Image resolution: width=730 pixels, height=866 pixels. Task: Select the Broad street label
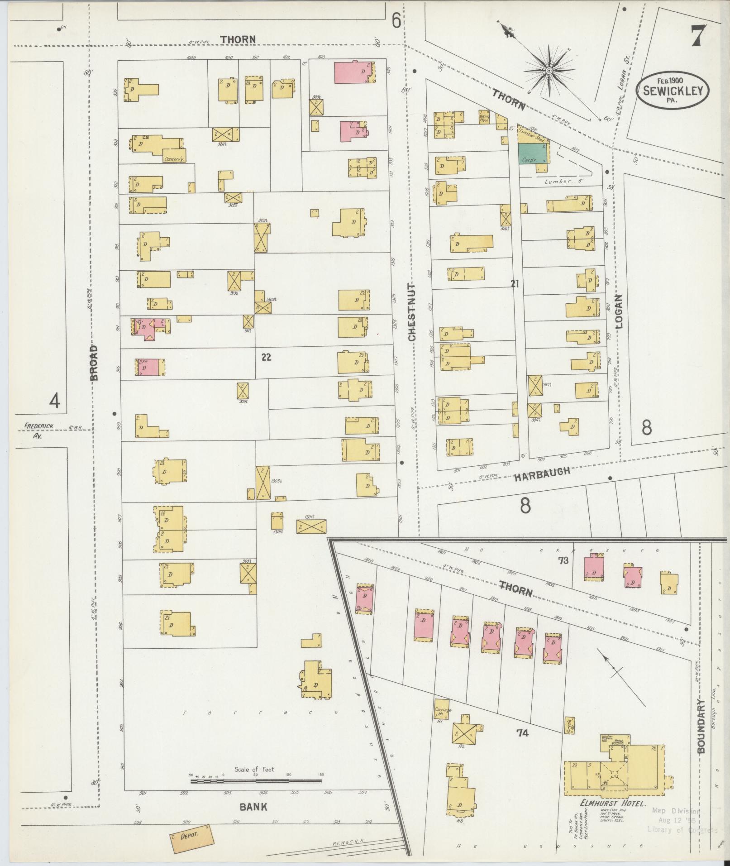[94, 362]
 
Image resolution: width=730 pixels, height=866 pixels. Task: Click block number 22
[266, 357]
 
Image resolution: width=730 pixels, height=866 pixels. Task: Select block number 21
[515, 284]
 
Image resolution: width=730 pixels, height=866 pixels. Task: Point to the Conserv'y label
[174, 159]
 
